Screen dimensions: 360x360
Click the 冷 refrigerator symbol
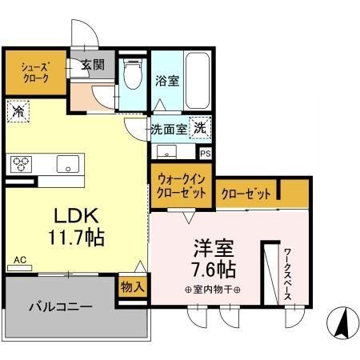(x=18, y=112)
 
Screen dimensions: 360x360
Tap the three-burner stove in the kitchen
(x=21, y=163)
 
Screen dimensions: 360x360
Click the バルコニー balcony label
(x=61, y=306)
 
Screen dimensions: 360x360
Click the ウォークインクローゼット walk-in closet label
(x=180, y=186)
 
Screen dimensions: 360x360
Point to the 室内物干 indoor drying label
(x=213, y=290)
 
